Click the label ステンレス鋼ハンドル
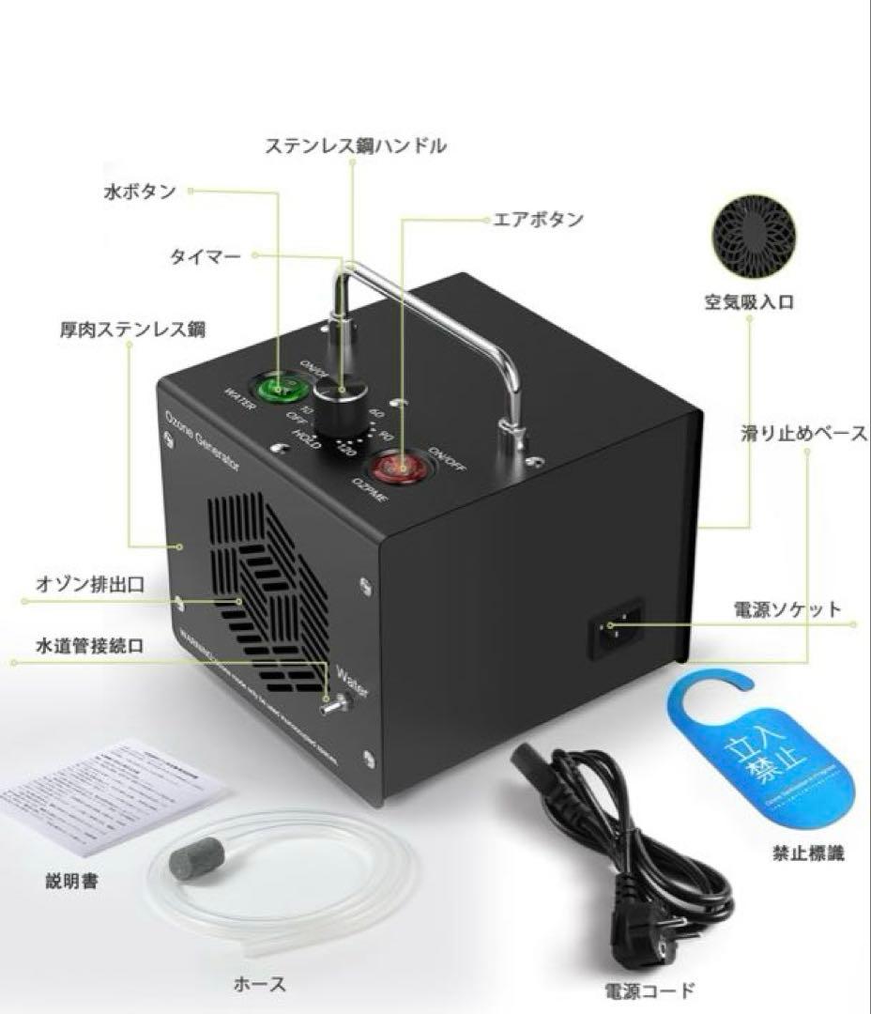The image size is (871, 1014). [354, 146]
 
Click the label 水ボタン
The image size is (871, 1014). [139, 192]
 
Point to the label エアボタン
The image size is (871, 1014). [539, 220]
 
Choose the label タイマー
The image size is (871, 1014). [206, 256]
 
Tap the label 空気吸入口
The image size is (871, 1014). [749, 302]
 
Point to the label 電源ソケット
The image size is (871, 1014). [787, 609]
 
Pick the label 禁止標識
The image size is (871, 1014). [809, 853]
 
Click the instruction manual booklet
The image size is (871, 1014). [111, 798]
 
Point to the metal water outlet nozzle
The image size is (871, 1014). [331, 703]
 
